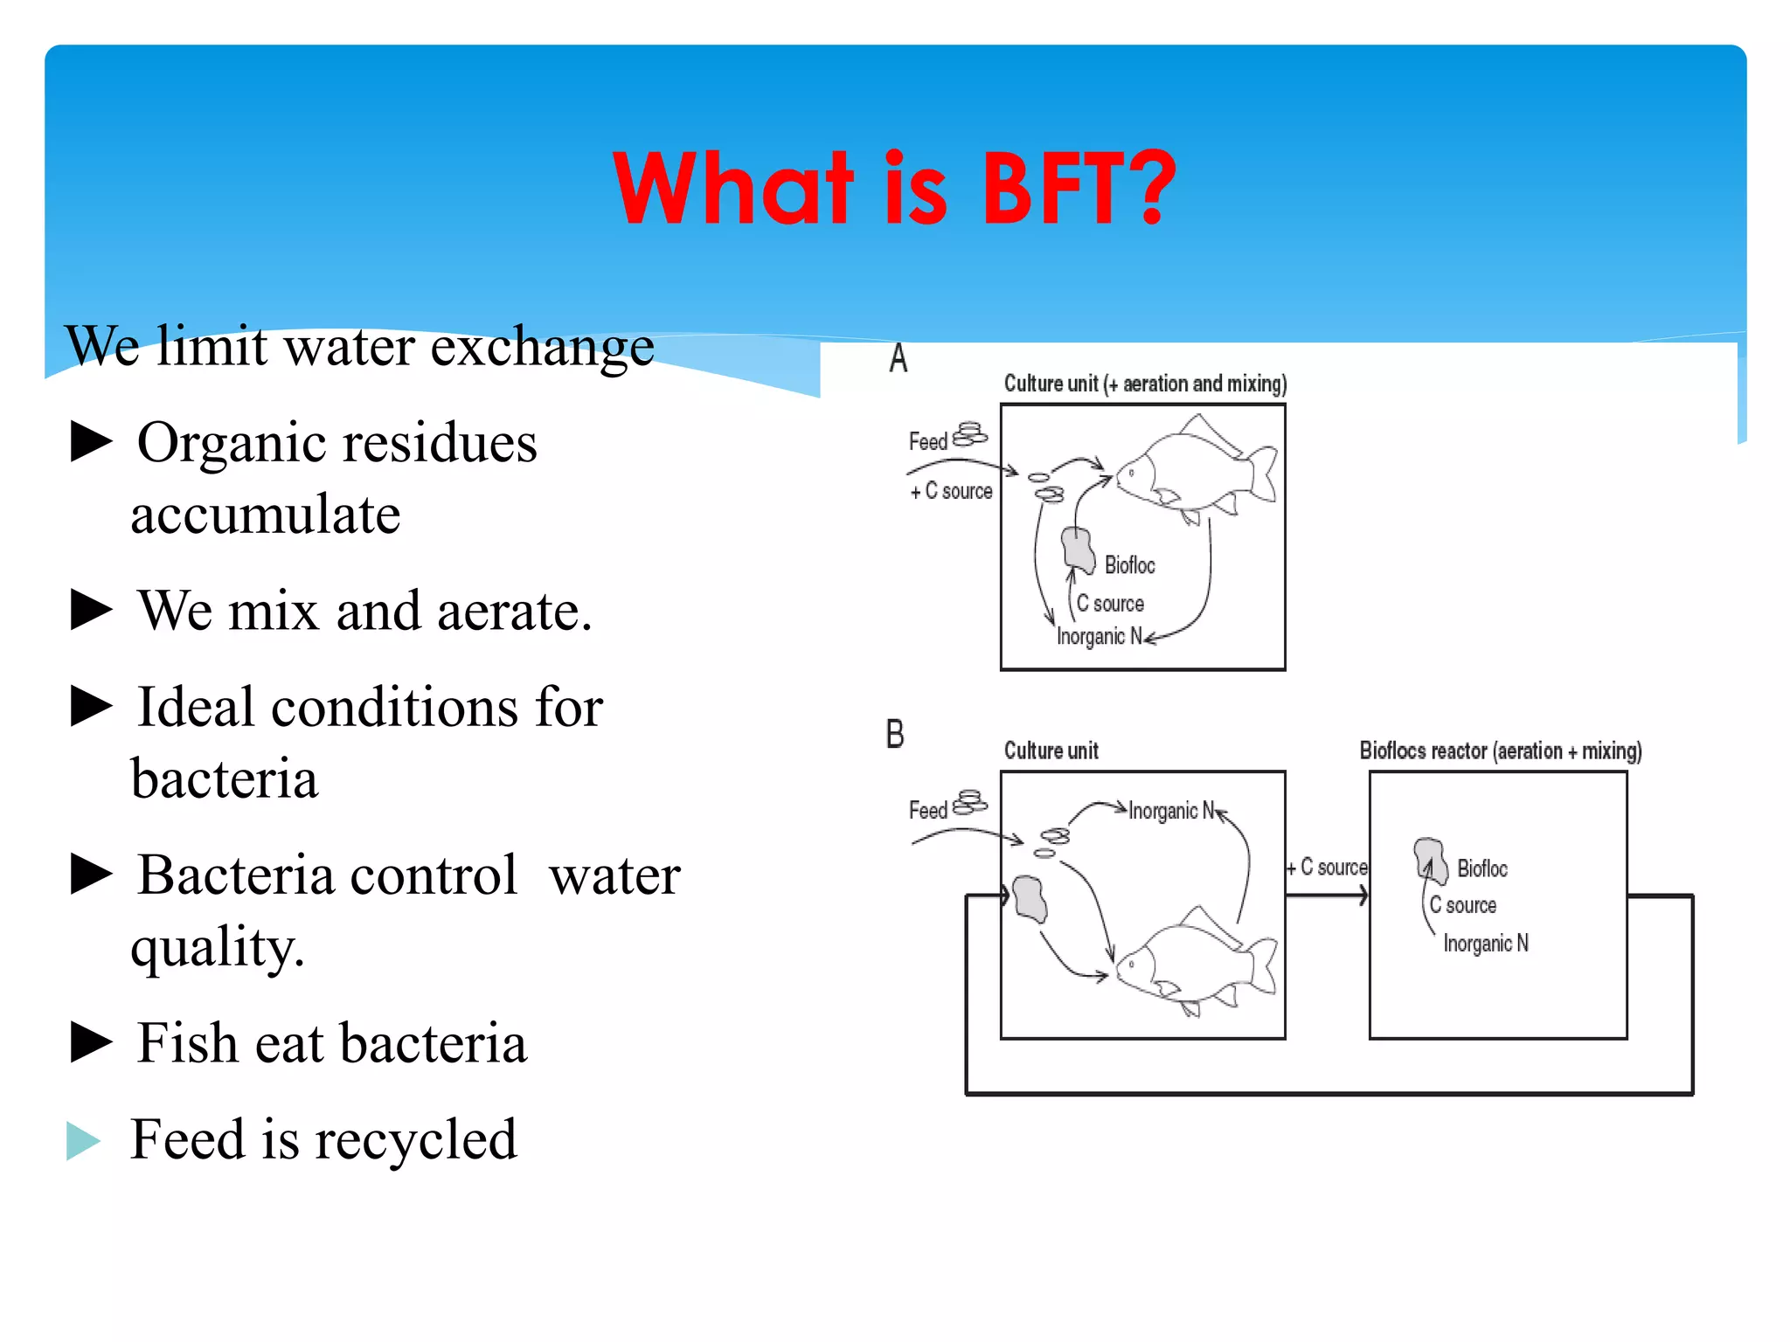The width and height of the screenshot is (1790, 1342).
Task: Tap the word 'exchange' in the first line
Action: tap(542, 348)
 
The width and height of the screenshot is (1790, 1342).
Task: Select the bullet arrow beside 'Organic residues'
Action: tap(91, 441)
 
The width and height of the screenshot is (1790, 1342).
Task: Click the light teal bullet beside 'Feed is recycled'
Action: tap(84, 1140)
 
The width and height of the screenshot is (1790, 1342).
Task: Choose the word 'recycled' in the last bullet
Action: tap(415, 1140)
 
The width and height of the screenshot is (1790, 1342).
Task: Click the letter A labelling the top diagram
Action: tap(898, 359)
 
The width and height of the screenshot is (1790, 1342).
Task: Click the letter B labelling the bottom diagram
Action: tap(895, 734)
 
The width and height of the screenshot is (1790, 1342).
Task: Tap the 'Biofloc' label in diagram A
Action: tap(1129, 565)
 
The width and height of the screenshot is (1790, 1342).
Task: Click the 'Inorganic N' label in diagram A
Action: tap(1099, 636)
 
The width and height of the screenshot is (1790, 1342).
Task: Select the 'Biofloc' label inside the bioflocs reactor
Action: tap(1482, 868)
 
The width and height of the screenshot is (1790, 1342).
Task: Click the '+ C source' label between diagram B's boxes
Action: tap(1327, 867)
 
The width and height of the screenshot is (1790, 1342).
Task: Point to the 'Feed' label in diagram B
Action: tap(928, 811)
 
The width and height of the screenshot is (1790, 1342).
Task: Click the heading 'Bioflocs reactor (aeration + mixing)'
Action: tap(1500, 751)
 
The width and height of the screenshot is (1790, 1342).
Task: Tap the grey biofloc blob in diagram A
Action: tap(1079, 550)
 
